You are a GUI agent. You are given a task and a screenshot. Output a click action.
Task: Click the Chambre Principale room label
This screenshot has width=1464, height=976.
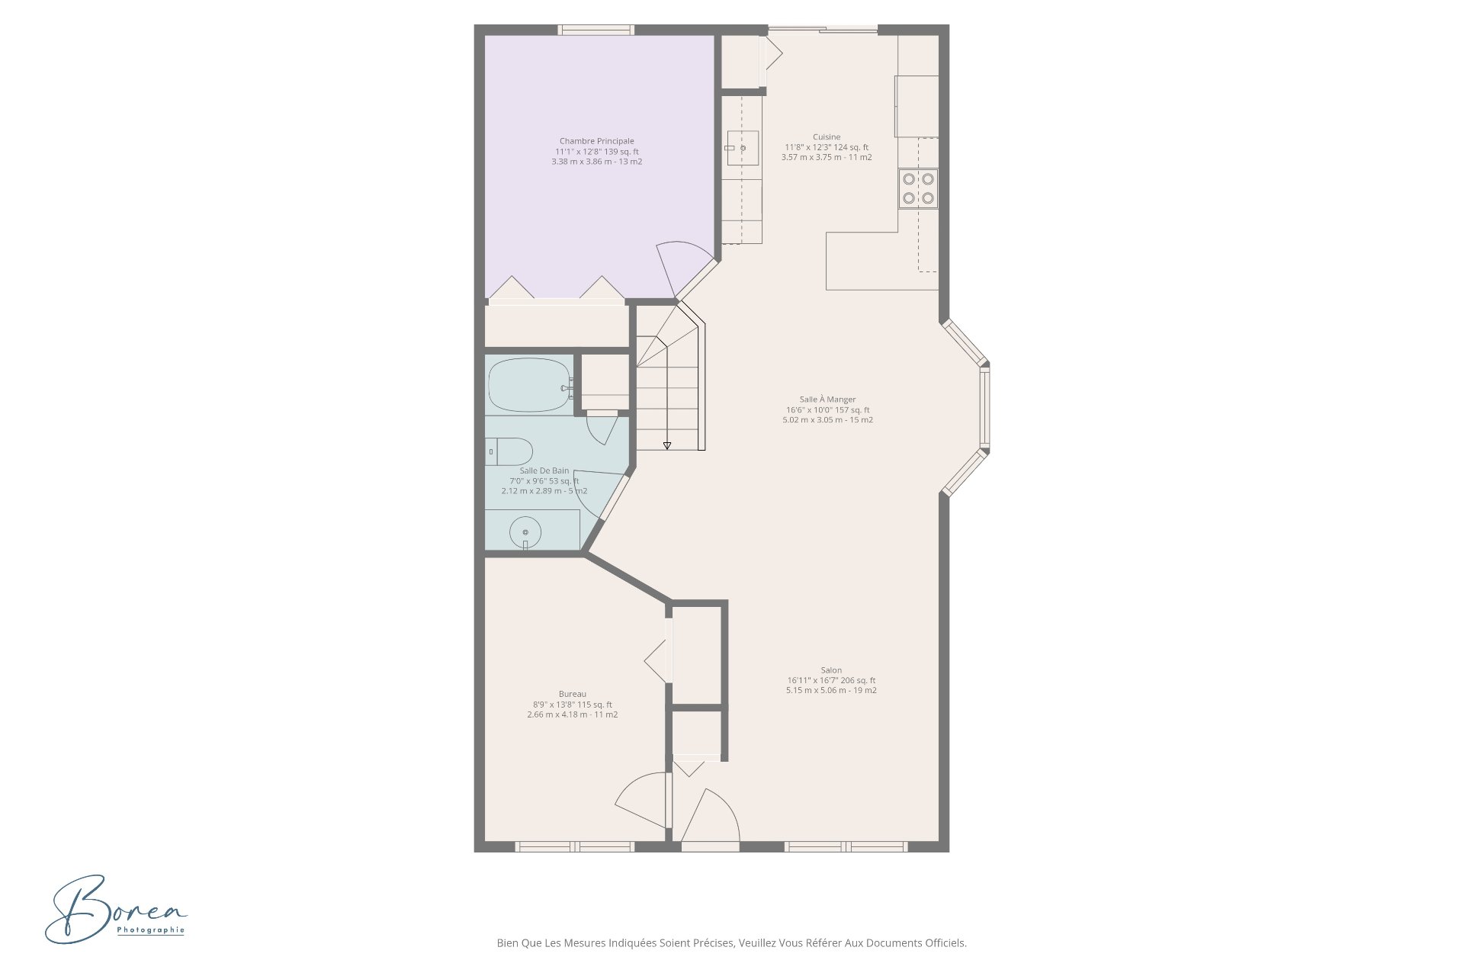596,141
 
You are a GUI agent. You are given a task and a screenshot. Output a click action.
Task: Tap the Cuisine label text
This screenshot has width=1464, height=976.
827,137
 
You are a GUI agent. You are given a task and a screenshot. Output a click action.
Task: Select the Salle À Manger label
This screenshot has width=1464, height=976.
827,400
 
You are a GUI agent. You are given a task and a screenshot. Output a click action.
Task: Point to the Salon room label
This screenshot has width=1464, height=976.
831,670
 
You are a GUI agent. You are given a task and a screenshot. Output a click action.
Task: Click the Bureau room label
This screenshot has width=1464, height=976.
572,694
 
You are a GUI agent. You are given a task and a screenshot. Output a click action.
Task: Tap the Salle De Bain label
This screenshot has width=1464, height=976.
544,470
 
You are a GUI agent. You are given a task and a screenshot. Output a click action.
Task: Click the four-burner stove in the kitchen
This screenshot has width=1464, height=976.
918,188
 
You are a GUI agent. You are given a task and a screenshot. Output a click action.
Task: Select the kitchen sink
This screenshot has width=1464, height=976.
743,148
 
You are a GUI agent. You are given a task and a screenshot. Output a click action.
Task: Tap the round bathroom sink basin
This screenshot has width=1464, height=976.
525,531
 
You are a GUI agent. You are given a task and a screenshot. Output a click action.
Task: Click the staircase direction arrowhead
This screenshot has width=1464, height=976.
667,445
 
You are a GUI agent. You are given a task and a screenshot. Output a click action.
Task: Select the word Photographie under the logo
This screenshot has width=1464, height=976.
151,929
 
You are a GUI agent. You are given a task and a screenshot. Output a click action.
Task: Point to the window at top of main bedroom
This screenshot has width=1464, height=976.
596,30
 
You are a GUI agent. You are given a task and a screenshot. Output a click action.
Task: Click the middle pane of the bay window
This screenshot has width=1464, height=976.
984,408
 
